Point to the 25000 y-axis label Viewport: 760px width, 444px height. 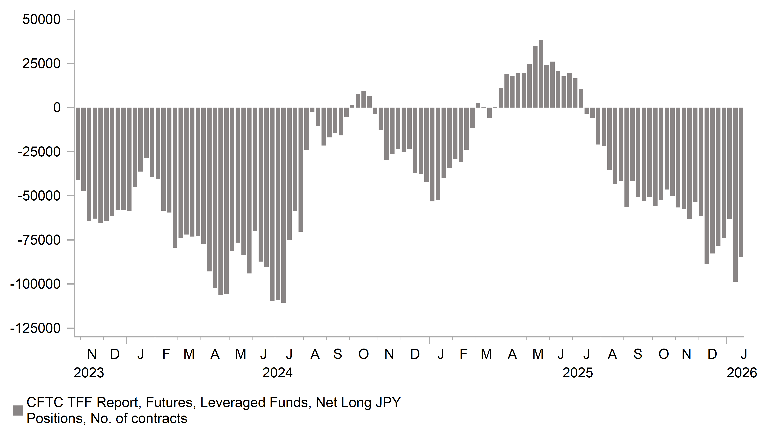(x=42, y=64)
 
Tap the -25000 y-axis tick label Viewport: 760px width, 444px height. (x=39, y=152)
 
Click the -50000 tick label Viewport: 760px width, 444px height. (x=39, y=196)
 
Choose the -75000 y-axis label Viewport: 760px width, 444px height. (x=39, y=240)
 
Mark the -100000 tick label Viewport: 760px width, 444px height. (x=35, y=284)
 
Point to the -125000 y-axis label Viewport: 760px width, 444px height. (x=35, y=328)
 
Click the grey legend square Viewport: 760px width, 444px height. (x=18, y=410)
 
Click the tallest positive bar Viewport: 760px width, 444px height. (x=541, y=74)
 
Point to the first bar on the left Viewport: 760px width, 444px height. (x=78, y=144)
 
